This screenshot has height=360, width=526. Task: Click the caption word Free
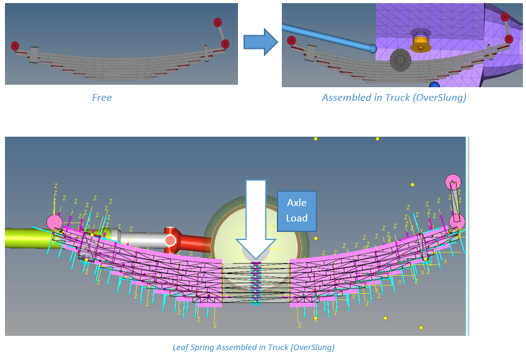pyautogui.click(x=102, y=97)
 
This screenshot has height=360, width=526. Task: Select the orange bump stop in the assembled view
pyautogui.click(x=421, y=41)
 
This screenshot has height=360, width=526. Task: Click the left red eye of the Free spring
pyautogui.click(x=15, y=46)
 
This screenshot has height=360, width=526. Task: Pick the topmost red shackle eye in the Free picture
pyautogui.click(x=218, y=22)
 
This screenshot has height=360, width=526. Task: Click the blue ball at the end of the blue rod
pyautogui.click(x=373, y=48)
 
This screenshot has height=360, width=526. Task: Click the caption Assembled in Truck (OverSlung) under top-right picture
pyautogui.click(x=394, y=97)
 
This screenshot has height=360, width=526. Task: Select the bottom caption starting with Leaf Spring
pyautogui.click(x=253, y=347)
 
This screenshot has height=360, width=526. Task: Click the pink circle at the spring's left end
pyautogui.click(x=54, y=222)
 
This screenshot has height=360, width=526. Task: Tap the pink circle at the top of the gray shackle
pyautogui.click(x=453, y=182)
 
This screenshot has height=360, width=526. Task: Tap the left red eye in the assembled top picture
pyautogui.click(x=292, y=40)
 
